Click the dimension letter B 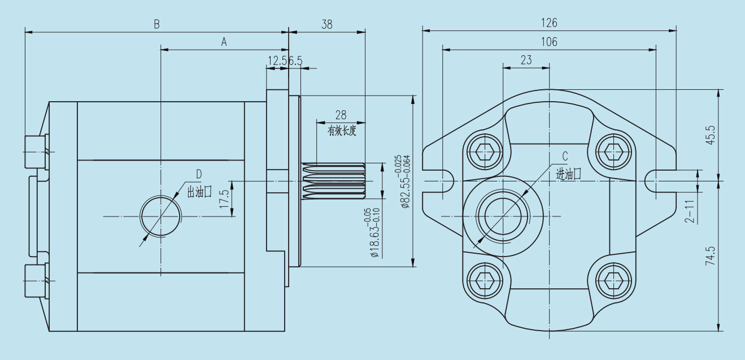(x=156, y=24)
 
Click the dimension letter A (x=224, y=42)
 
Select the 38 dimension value (x=327, y=24)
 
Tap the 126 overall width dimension (x=549, y=23)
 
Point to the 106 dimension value (x=549, y=42)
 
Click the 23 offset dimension (x=526, y=60)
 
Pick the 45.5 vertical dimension (x=710, y=135)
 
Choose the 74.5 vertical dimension (x=710, y=255)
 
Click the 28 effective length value (x=341, y=115)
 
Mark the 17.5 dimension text (x=224, y=199)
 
